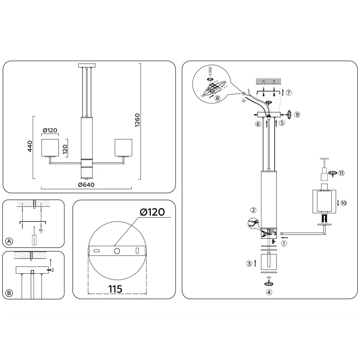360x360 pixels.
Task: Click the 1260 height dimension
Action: pos(137,120)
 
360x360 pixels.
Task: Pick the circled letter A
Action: pos(9,241)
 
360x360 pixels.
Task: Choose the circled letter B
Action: pos(9,293)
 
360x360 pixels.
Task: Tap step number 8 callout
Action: pos(217,98)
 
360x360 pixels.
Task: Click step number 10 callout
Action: pos(343,203)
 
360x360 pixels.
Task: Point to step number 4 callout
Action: pos(269,292)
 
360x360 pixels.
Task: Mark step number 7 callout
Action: pos(289,93)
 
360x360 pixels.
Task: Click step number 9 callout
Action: pos(297,114)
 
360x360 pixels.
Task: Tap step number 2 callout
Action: pos(253,210)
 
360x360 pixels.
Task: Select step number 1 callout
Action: pos(284,243)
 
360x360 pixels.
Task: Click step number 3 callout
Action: pos(249,264)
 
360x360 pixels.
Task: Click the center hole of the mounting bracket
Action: pos(117,251)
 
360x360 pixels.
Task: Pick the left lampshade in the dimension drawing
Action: pos(50,148)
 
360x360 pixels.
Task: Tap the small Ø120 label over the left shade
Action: pos(50,130)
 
